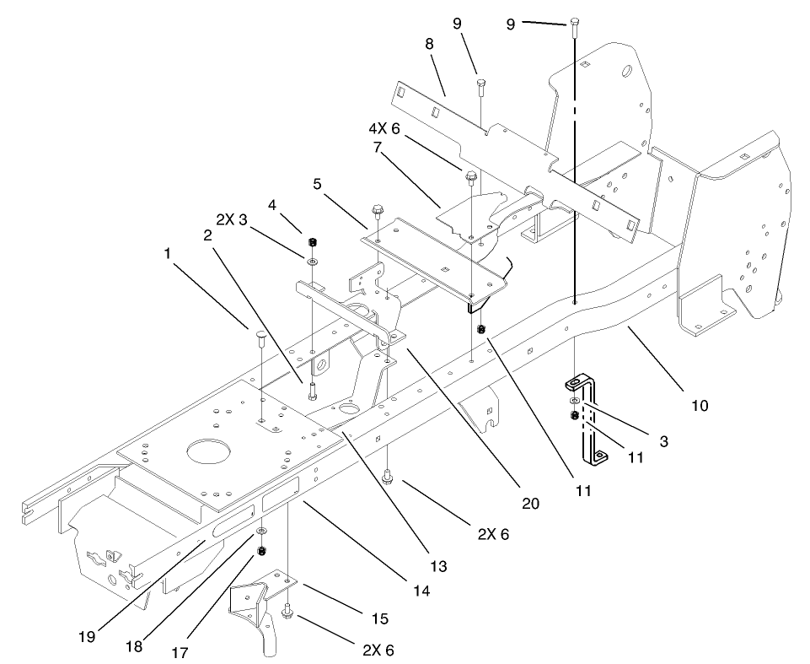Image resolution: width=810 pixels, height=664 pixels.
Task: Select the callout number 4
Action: pos(272,203)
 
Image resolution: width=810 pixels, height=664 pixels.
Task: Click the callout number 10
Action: pos(699,406)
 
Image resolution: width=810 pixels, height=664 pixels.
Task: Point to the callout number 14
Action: pos(421,591)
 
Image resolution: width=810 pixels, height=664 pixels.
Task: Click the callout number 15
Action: pos(379,618)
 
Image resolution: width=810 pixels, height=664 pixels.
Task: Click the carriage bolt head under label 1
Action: pos(260,336)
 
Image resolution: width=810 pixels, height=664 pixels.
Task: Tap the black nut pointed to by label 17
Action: pos(262,550)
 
